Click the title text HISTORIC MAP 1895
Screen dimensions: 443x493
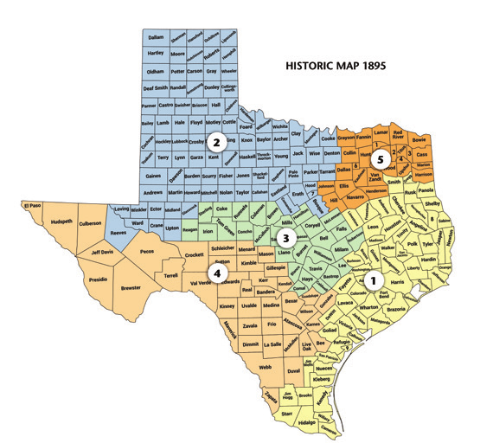[x=336, y=65]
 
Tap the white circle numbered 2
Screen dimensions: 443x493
[x=219, y=141]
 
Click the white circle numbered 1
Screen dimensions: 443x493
[x=373, y=280]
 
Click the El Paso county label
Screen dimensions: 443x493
[x=33, y=206]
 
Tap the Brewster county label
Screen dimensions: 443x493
[x=131, y=286]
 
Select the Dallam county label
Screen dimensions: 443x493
[x=156, y=38]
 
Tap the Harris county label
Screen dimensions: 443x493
[x=398, y=282]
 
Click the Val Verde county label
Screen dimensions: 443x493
[x=199, y=281]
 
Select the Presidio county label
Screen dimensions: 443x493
[x=98, y=279]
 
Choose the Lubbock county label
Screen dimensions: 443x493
[x=179, y=141]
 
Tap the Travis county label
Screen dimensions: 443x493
[x=317, y=270]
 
